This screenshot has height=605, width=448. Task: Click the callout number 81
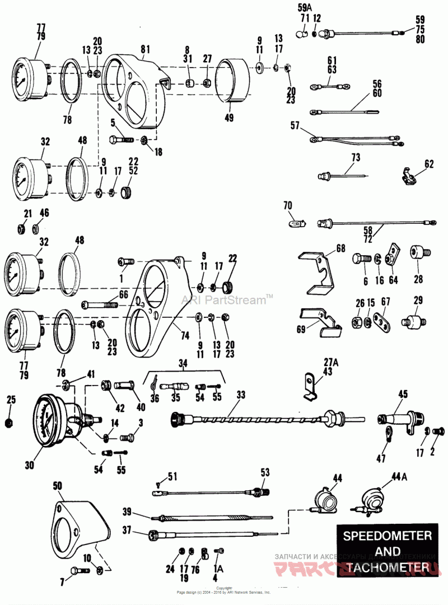pos(146,49)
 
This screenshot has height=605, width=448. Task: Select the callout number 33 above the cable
pos(241,395)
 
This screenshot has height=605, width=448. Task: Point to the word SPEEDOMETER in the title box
pos(388,536)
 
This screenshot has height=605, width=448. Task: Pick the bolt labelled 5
pos(120,139)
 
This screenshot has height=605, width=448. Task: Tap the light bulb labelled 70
pos(295,224)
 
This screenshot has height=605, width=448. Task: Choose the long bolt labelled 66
pos(100,304)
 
